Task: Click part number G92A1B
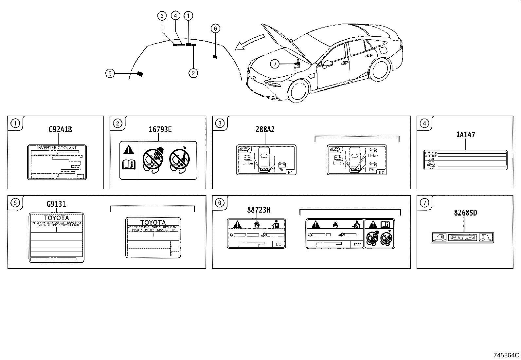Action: pos(60,129)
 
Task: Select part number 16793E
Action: pos(160,129)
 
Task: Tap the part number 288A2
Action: pos(265,129)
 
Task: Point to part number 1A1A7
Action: pos(465,134)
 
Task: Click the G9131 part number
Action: pos(56,204)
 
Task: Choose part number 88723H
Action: pos(259,210)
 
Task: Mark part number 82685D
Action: pos(465,213)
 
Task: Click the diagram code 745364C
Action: pos(507,355)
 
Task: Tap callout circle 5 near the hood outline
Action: pos(110,74)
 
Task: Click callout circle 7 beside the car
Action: pos(275,64)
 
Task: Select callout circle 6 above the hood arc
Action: pos(215,28)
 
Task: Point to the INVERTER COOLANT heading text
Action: pos(57,148)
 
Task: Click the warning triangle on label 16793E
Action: pos(129,150)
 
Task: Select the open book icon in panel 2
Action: pos(129,164)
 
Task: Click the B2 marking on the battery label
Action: pos(381,172)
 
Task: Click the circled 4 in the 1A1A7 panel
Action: pos(424,123)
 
